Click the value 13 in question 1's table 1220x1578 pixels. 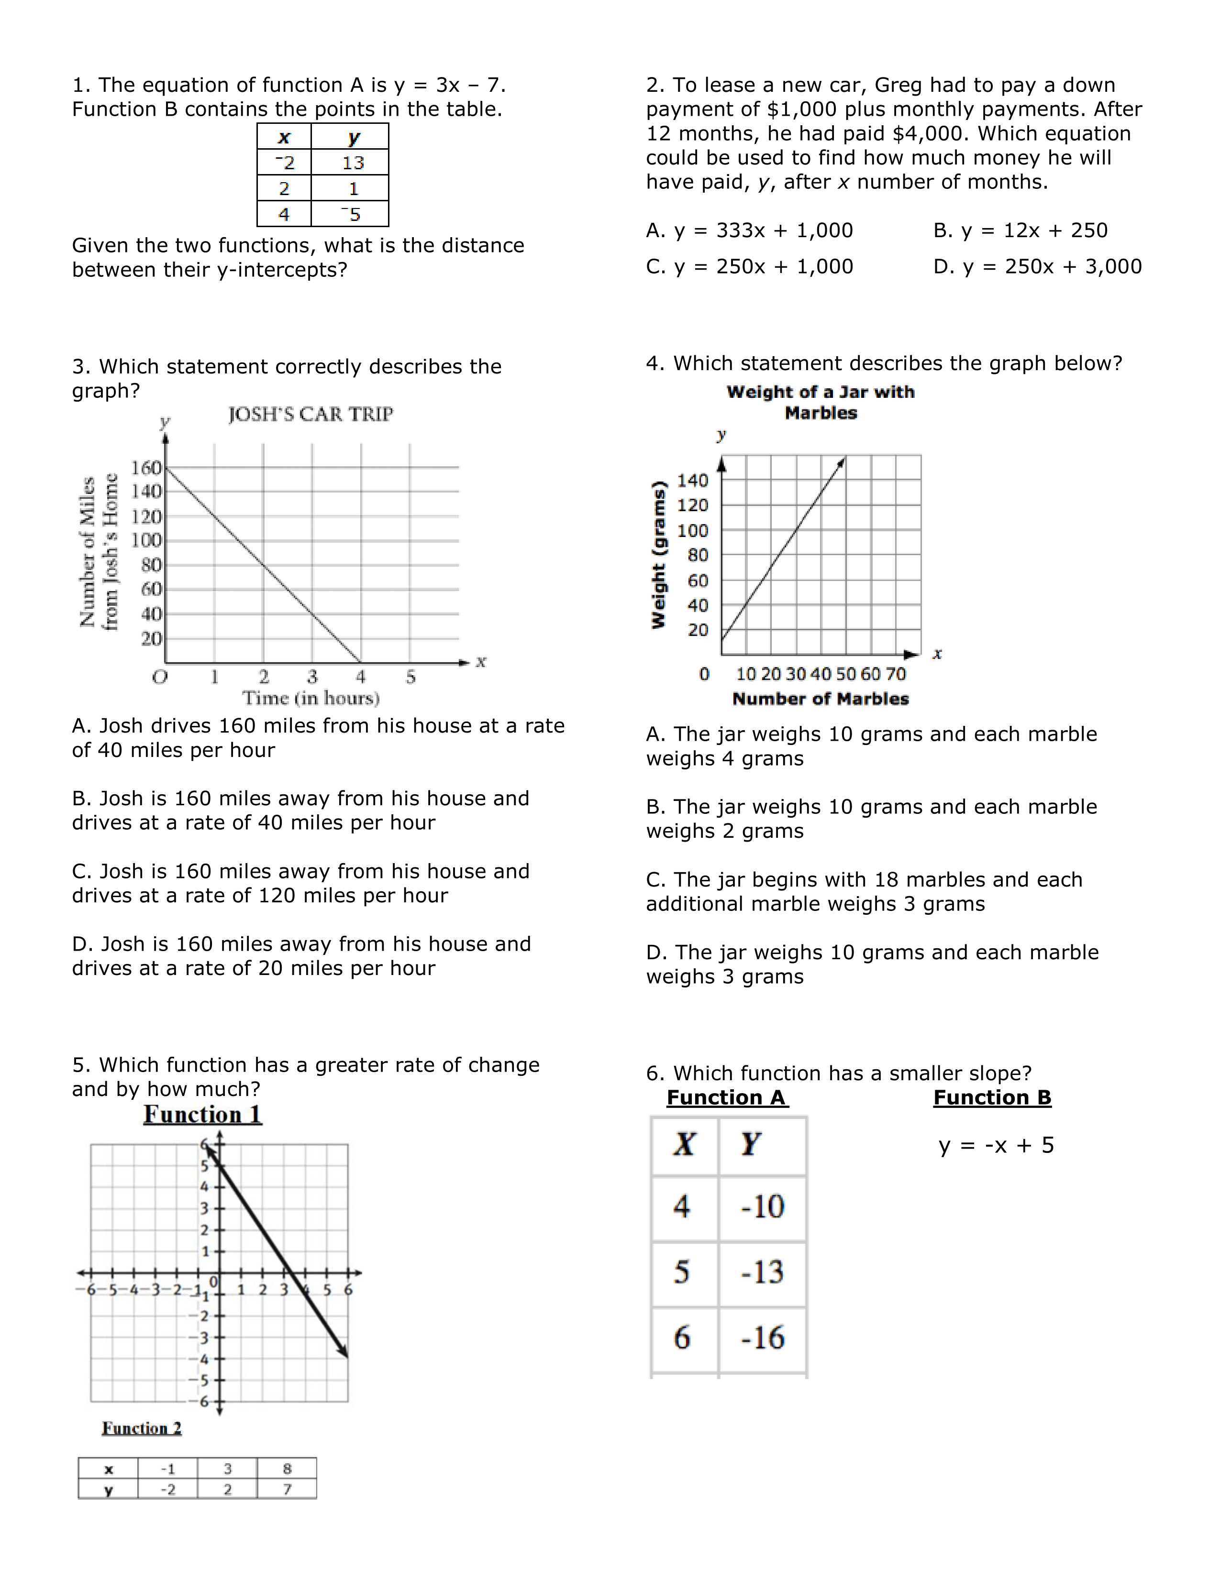click(x=353, y=163)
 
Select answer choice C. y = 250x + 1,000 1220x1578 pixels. click(x=750, y=267)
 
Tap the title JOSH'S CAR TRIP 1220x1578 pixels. click(x=311, y=415)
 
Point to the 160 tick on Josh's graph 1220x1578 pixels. click(x=146, y=468)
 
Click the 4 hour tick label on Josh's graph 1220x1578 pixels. click(x=361, y=677)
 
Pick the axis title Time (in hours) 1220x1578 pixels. click(x=311, y=699)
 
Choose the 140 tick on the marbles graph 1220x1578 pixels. click(x=692, y=481)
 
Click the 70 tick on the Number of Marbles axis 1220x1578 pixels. click(x=896, y=674)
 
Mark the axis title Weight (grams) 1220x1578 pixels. click(x=658, y=555)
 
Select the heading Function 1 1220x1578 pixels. click(x=202, y=1115)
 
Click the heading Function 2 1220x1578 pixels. click(x=142, y=1428)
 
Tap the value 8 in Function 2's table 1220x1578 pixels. click(x=287, y=1469)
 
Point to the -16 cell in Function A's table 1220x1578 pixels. click(x=763, y=1338)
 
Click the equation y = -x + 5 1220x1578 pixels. click(x=996, y=1146)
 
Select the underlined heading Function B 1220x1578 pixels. click(x=992, y=1097)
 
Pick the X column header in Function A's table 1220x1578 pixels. click(x=684, y=1144)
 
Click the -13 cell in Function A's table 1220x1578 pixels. click(x=763, y=1272)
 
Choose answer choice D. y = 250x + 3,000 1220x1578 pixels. click(x=1037, y=267)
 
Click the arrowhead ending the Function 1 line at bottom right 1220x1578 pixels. click(x=345, y=1354)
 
